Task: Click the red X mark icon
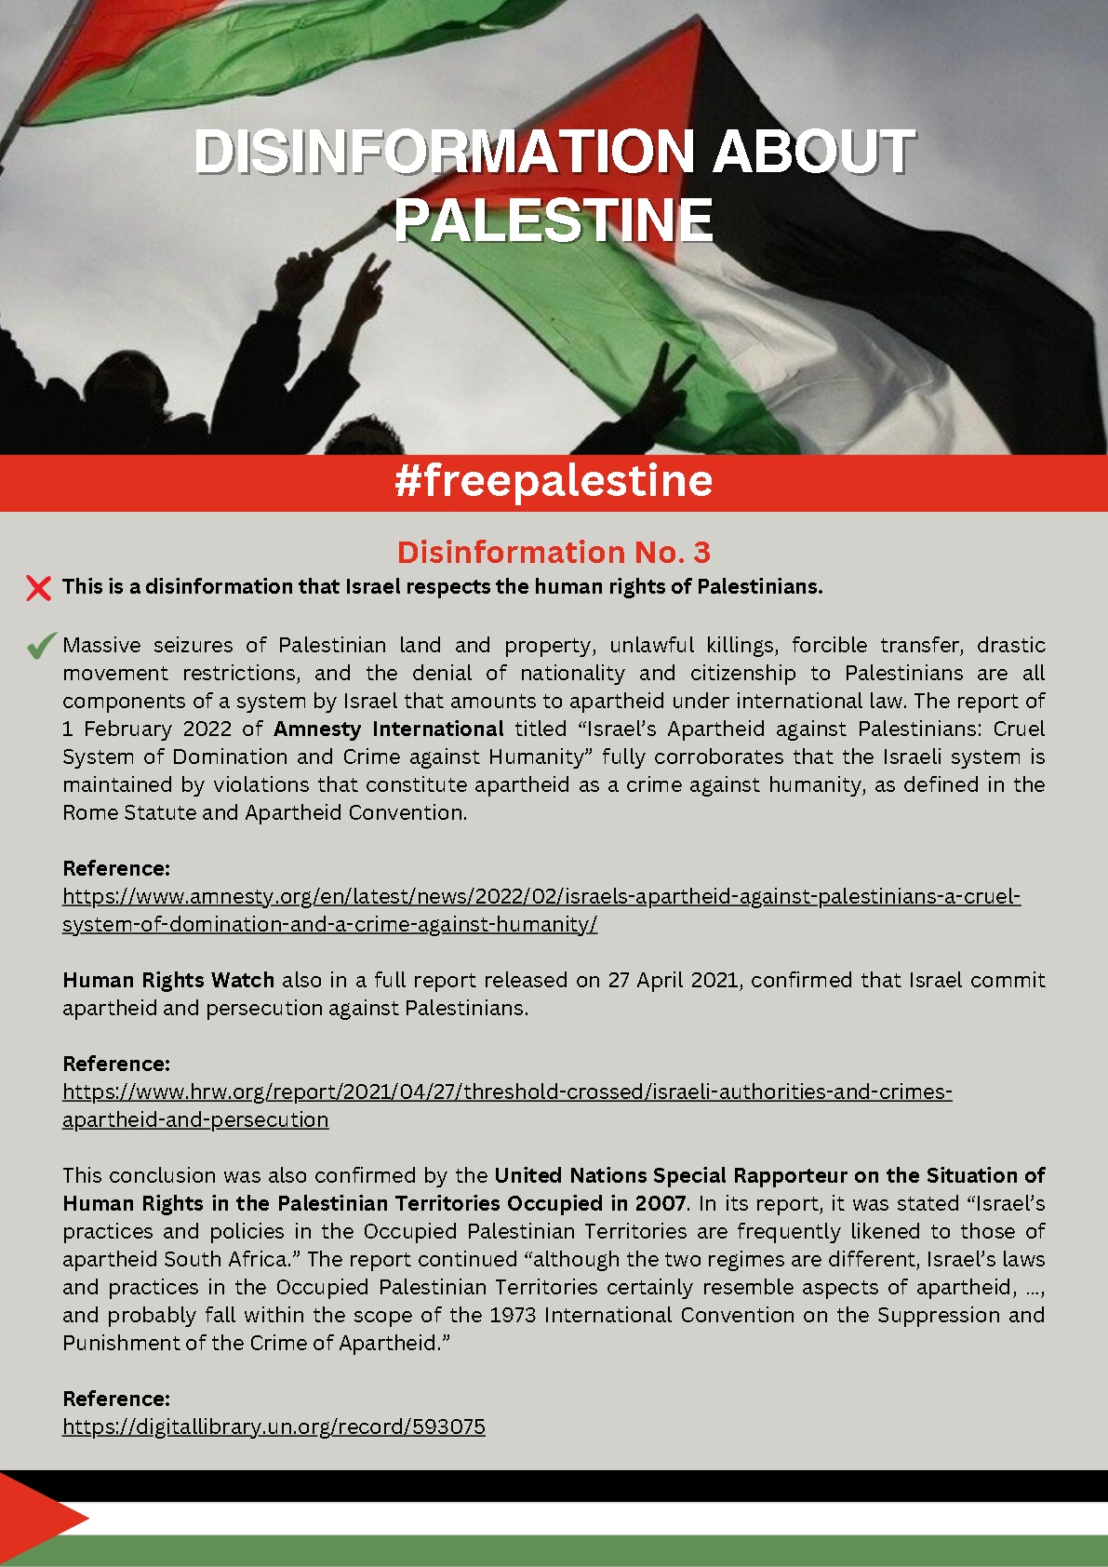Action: click(x=39, y=588)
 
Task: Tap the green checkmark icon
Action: click(x=41, y=646)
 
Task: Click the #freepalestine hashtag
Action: click(x=554, y=481)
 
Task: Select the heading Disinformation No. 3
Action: click(x=554, y=553)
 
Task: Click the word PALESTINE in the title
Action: click(x=554, y=221)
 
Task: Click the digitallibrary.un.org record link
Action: click(x=274, y=1426)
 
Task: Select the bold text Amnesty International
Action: click(x=388, y=729)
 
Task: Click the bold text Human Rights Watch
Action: click(x=168, y=980)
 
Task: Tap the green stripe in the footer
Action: click(x=595, y=1550)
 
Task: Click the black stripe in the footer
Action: click(x=595, y=1486)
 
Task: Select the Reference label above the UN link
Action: click(x=116, y=1399)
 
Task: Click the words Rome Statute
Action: click(x=129, y=812)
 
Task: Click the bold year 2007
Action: click(x=660, y=1203)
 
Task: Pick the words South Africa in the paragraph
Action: click(x=230, y=1259)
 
